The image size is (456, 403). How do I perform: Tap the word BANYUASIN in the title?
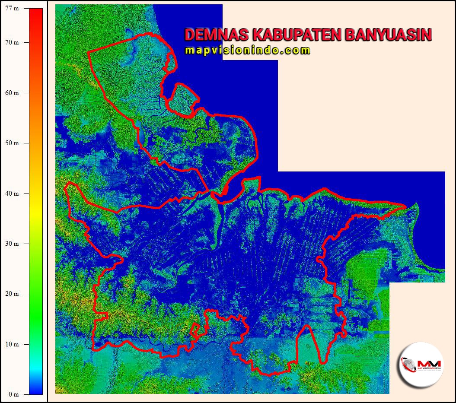tap(388, 35)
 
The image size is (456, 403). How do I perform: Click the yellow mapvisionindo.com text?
tap(248, 51)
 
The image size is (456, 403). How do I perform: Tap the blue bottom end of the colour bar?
tap(36, 391)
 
